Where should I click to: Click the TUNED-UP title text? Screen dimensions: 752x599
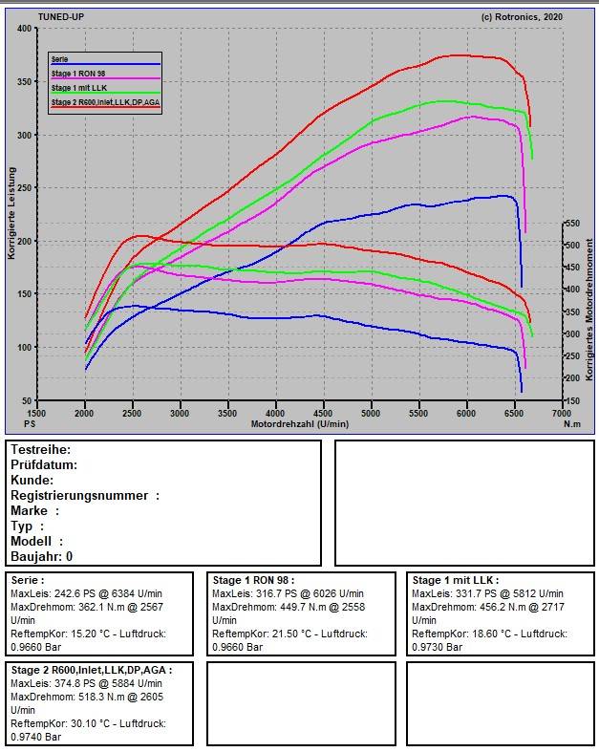click(x=60, y=17)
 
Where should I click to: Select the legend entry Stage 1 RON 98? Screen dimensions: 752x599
click(x=79, y=74)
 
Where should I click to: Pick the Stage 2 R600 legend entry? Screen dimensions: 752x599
click(x=104, y=100)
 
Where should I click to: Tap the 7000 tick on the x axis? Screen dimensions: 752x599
click(x=561, y=413)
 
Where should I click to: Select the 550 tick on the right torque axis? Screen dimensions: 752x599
click(x=572, y=224)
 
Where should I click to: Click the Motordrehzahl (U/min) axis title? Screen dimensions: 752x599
click(x=299, y=423)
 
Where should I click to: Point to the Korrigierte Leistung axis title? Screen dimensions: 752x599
click(x=12, y=212)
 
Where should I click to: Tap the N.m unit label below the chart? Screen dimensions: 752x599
click(x=571, y=423)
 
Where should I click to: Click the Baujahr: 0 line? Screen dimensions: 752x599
click(x=41, y=556)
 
